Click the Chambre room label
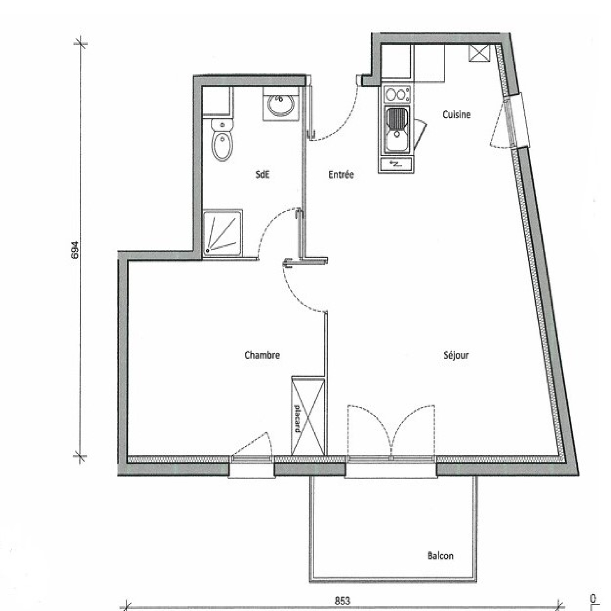click(262, 355)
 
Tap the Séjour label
click(456, 355)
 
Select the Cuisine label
click(456, 114)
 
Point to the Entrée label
click(341, 175)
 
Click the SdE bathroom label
click(262, 175)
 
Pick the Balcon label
click(440, 556)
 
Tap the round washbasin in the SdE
click(281, 105)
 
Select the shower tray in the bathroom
click(223, 232)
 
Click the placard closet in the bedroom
click(308, 416)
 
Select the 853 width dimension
click(342, 601)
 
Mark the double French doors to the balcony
click(391, 432)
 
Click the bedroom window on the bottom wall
click(252, 467)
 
